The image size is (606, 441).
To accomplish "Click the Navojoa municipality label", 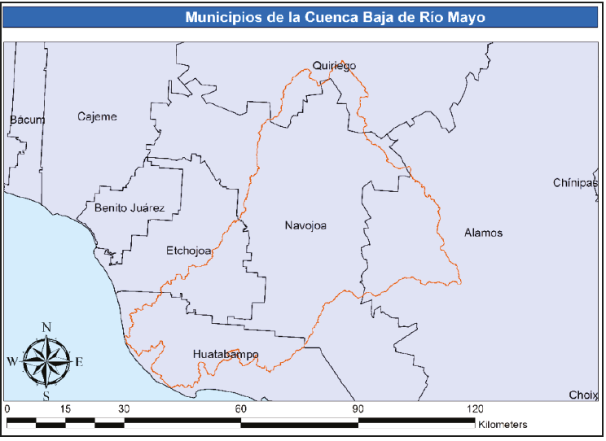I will click(x=305, y=225).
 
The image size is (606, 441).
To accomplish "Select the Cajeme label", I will click(x=97, y=116).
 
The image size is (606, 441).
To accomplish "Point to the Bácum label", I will click(x=28, y=120).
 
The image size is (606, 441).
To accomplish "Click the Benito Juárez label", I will click(x=130, y=208).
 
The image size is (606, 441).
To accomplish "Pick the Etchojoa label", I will click(x=189, y=251).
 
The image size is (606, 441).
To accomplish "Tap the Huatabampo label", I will click(x=226, y=355).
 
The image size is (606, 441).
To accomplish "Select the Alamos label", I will click(x=483, y=233).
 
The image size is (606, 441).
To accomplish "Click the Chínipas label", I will click(x=575, y=183).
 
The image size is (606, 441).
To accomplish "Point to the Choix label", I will click(x=583, y=395).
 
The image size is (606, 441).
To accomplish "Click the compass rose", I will click(x=46, y=361).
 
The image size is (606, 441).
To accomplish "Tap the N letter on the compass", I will click(x=46, y=327).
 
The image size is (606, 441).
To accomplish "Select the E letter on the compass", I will click(x=79, y=362).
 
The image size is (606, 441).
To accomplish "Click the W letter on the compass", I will click(x=12, y=361).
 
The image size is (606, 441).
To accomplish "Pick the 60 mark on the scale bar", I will click(x=240, y=408).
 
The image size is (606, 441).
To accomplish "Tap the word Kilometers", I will click(x=503, y=425).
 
